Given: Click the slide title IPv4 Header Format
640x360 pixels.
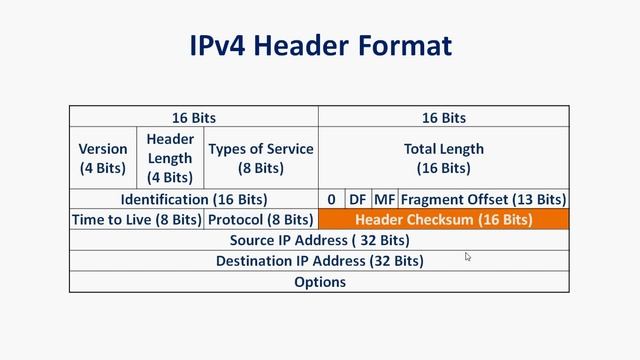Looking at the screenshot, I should click(x=320, y=45).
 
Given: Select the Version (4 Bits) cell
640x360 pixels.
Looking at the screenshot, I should click(x=103, y=158).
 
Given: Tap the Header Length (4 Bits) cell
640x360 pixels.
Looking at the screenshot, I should click(x=170, y=158).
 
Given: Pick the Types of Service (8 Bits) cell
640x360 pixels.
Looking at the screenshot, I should click(x=261, y=158).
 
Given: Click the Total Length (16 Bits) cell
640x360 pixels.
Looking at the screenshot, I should click(x=443, y=158).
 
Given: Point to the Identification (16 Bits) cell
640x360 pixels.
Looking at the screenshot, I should click(x=194, y=199).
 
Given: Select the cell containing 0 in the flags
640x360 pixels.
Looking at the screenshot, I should click(x=331, y=199).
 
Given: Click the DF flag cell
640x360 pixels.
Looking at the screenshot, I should click(x=358, y=199).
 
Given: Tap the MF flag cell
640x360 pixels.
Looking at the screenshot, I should click(x=385, y=199).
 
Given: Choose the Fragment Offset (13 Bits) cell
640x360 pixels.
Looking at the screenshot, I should click(x=484, y=199).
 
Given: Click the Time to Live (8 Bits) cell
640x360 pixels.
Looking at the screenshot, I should click(x=137, y=219).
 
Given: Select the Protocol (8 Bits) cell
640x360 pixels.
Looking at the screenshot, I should click(x=261, y=219).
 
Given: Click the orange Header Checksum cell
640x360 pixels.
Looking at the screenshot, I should click(x=443, y=219).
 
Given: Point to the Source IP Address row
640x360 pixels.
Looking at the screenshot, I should click(x=319, y=240).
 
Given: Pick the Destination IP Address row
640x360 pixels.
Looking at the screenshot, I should click(x=319, y=261).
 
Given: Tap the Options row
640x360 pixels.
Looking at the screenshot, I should click(x=319, y=282).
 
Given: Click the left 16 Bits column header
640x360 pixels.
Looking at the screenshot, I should click(x=194, y=117).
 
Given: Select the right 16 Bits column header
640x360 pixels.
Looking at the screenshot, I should click(x=443, y=117).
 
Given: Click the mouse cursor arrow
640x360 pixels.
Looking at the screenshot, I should click(x=468, y=257).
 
